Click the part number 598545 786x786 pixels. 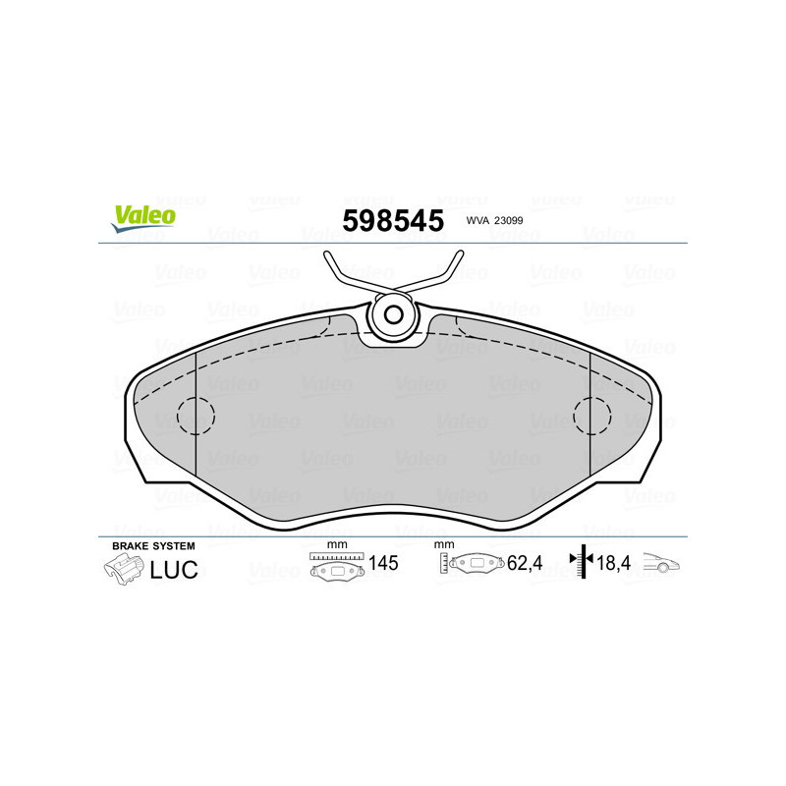coord(393,220)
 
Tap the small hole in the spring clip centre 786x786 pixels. coord(395,315)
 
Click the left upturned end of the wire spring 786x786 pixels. coord(329,257)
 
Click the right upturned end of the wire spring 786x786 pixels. coord(459,257)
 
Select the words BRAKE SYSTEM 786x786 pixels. coord(153,545)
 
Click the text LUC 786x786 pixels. coord(173,569)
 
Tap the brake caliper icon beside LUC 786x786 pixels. coord(123,569)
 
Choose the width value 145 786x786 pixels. coord(383,564)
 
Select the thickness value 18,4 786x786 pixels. coord(616,564)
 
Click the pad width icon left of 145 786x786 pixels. coord(337,567)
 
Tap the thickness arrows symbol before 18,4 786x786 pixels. coord(584,563)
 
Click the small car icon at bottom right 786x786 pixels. coord(661,565)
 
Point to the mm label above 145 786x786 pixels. coord(337,545)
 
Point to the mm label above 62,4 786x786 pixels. coord(444,545)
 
